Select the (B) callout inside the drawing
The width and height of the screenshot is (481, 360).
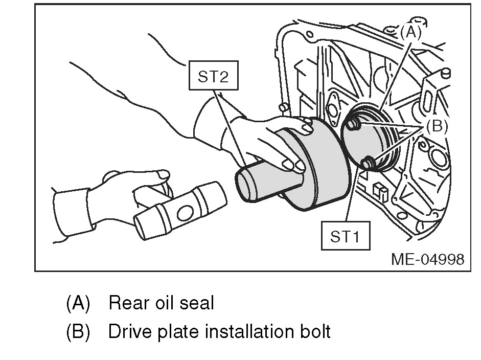tap(436, 126)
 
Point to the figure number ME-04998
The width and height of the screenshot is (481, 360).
tap(428, 259)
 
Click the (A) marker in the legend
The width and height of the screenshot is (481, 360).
tap(78, 304)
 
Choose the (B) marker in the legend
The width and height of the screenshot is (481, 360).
tap(78, 332)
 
